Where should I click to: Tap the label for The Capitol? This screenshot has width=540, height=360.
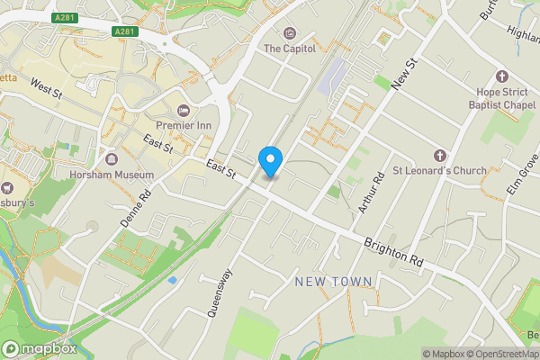pyautogui.click(x=289, y=49)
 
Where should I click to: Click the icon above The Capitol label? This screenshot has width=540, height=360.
pyautogui.click(x=289, y=34)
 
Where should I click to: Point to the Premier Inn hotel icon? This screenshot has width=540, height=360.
pyautogui.click(x=183, y=110)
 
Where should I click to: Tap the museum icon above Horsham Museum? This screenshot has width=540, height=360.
pyautogui.click(x=63, y=174)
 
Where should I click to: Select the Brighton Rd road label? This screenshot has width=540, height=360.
pyautogui.click(x=393, y=252)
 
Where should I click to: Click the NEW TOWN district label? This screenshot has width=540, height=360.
pyautogui.click(x=334, y=283)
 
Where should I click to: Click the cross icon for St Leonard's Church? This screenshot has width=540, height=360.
pyautogui.click(x=439, y=155)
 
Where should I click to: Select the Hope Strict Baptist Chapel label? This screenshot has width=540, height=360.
pyautogui.click(x=500, y=97)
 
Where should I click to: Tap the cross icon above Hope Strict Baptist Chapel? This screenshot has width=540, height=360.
pyautogui.click(x=501, y=76)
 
